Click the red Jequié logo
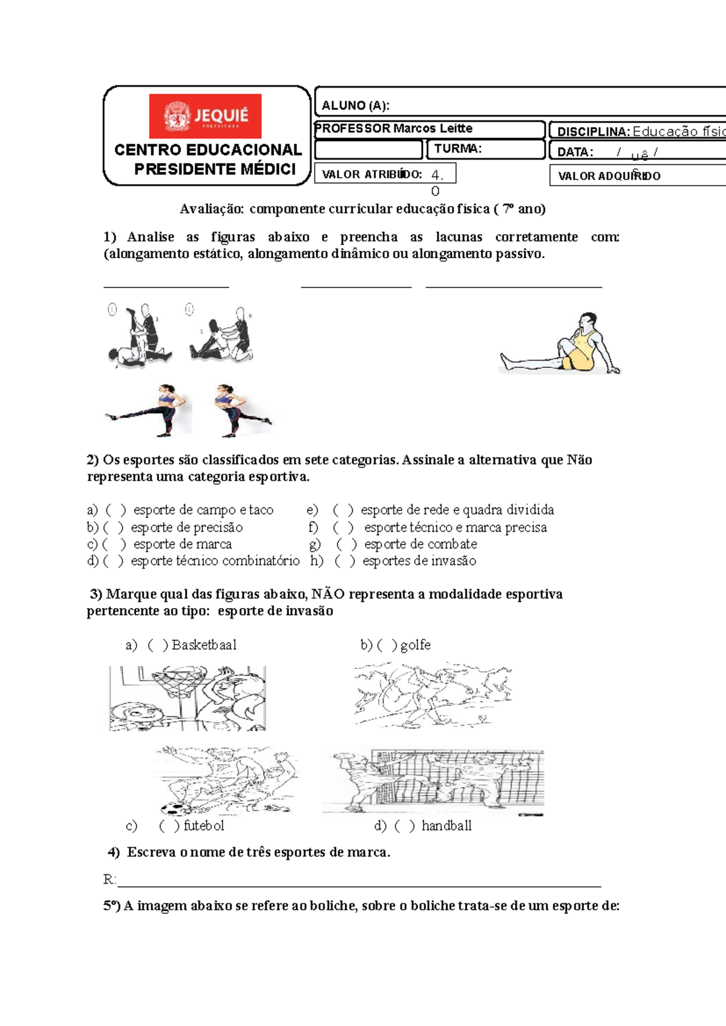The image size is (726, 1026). pyautogui.click(x=205, y=116)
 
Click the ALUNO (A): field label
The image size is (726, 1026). pyautogui.click(x=355, y=105)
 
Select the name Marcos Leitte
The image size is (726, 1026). pyautogui.click(x=433, y=128)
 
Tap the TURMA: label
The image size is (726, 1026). pyautogui.click(x=457, y=149)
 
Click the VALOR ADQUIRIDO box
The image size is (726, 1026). pyautogui.click(x=635, y=176)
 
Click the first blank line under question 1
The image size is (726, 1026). pyautogui.click(x=166, y=286)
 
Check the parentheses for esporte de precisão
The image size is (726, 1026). pyautogui.click(x=113, y=528)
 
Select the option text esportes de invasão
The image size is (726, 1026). pyautogui.click(x=419, y=561)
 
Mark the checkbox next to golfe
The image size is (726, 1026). pyautogui.click(x=387, y=645)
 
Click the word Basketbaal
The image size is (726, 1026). pyautogui.click(x=204, y=645)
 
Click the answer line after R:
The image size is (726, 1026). pyautogui.click(x=357, y=884)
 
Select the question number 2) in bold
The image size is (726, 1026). pyautogui.click(x=93, y=460)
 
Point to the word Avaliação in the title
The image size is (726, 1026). pyautogui.click(x=212, y=209)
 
